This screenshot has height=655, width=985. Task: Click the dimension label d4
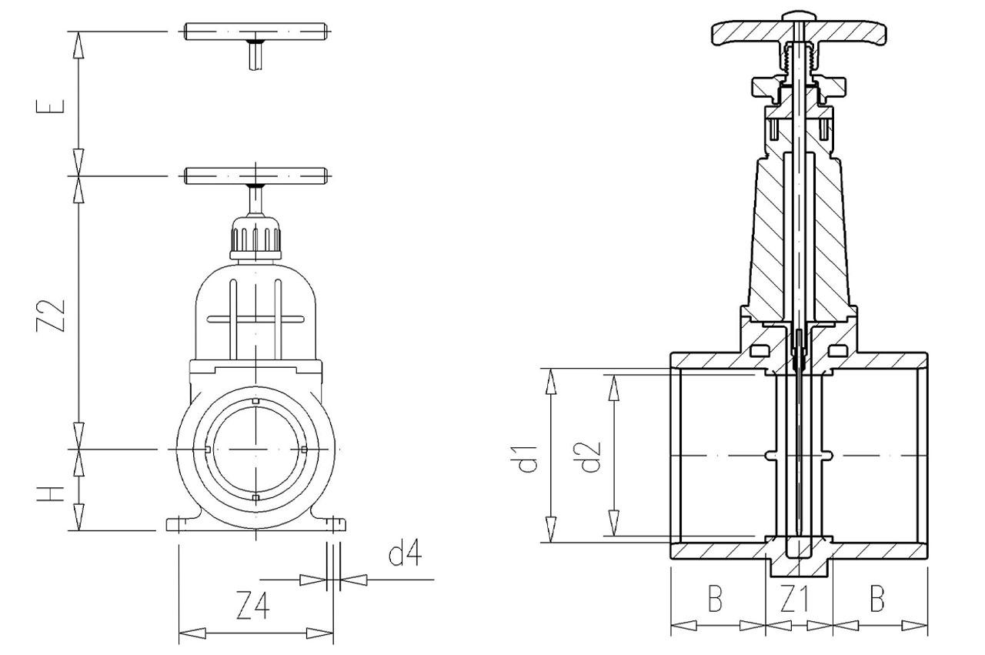coord(406,554)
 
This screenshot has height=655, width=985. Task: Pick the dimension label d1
coord(527,456)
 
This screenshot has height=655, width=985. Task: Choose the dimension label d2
coord(591,456)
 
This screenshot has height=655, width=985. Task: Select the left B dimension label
coord(716,600)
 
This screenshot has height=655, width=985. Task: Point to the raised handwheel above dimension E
coord(256,32)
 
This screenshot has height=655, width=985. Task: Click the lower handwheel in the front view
coord(256,175)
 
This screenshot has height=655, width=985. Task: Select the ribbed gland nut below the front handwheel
coord(256,239)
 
